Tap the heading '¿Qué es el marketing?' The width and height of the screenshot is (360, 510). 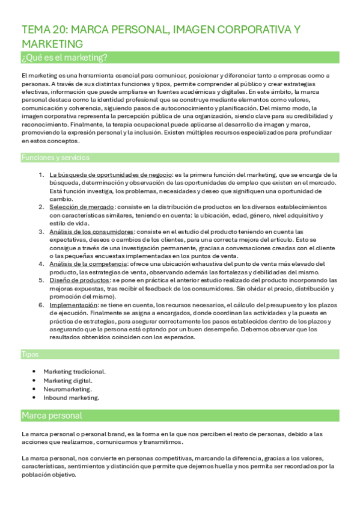[64, 57]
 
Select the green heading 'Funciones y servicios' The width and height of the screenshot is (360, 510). [55, 158]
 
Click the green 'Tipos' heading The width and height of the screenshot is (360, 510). [31, 355]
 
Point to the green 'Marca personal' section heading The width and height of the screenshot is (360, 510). [52, 416]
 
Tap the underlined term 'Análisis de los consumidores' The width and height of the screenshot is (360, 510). [91, 231]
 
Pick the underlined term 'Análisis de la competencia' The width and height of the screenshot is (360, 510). [88, 263]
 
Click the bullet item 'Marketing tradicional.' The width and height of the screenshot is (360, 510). [75, 372]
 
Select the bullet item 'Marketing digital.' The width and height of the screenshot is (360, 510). [68, 380]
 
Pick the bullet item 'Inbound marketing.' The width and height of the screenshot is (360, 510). [71, 398]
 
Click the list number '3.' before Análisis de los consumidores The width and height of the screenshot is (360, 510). [41, 231]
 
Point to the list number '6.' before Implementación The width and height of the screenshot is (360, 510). [41, 305]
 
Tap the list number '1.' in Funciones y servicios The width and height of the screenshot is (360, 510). [41, 174]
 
